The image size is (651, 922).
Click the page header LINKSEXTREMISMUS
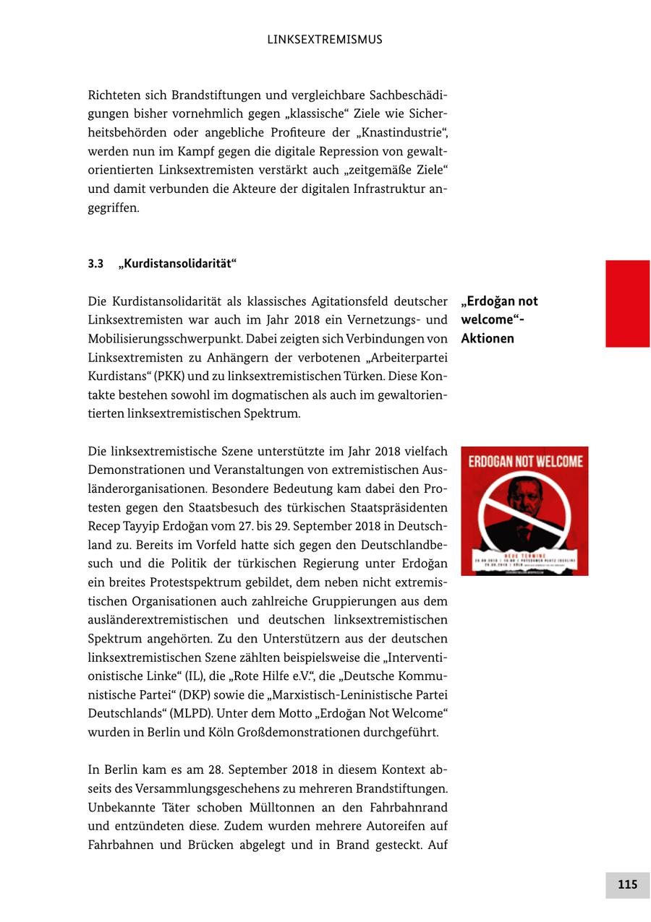[325, 40]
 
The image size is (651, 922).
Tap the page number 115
[627, 884]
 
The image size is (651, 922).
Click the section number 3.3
[96, 264]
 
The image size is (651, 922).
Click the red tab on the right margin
[627, 303]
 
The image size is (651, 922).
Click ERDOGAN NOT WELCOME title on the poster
[524, 462]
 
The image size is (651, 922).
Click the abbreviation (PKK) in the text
[170, 376]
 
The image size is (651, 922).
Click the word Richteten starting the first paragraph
[115, 95]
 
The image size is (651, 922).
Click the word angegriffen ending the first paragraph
[113, 208]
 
